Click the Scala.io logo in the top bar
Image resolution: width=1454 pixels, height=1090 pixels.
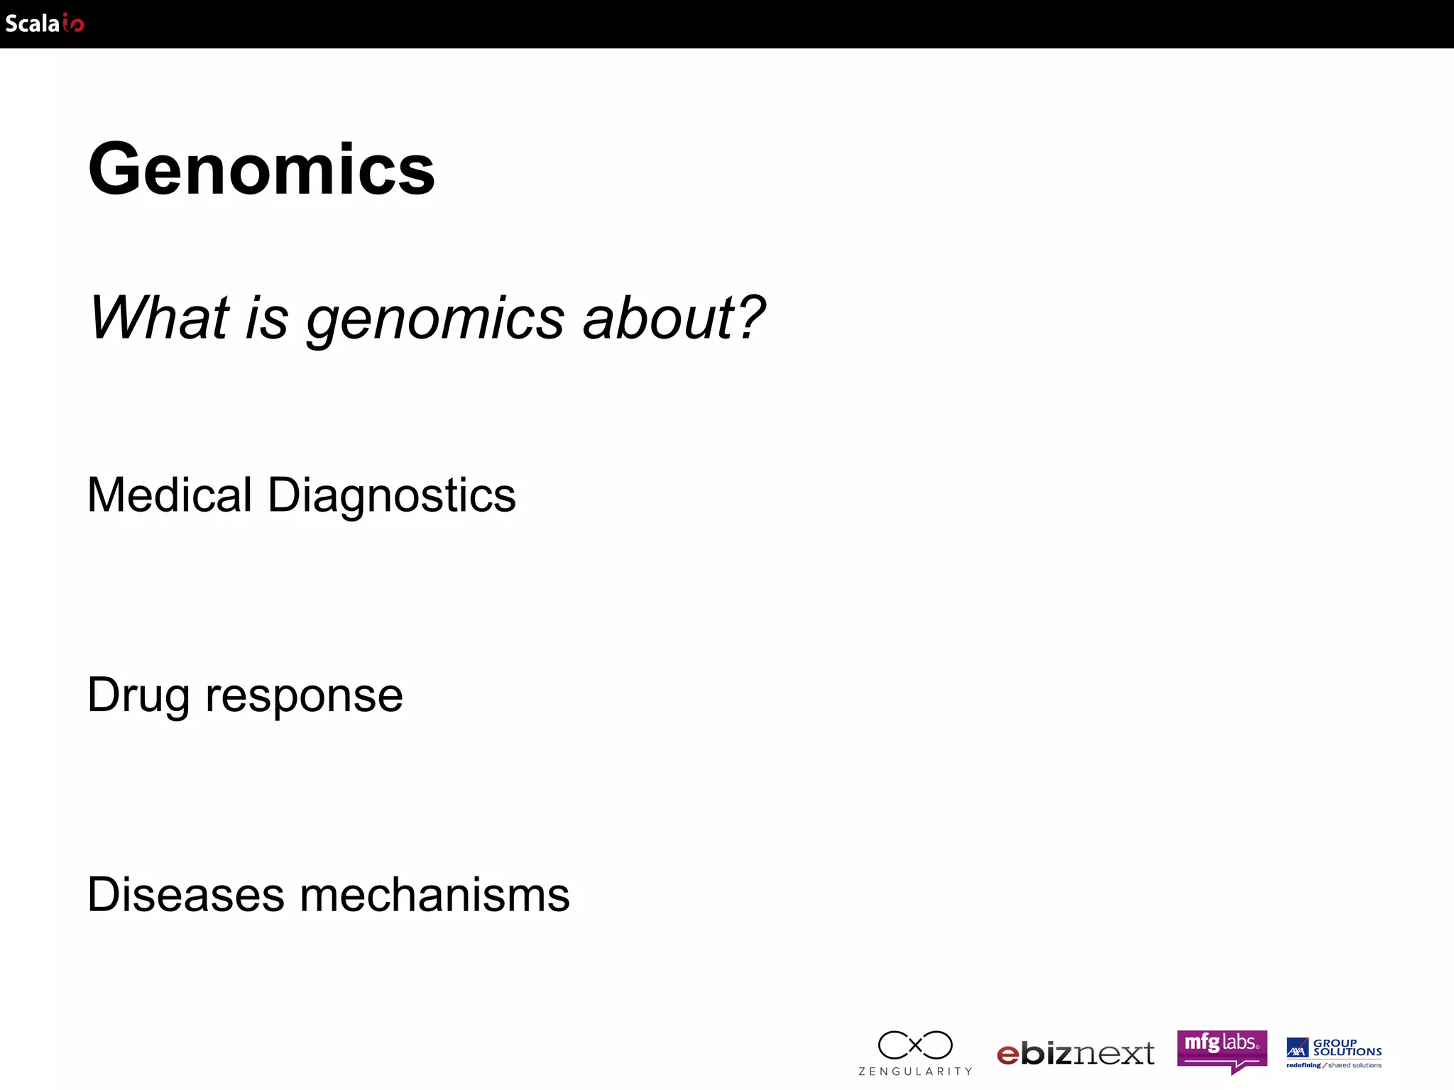[45, 23]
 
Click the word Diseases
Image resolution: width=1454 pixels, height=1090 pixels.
[185, 894]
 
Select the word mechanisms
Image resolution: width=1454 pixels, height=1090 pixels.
[434, 894]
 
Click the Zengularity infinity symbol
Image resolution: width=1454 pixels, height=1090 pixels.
[915, 1045]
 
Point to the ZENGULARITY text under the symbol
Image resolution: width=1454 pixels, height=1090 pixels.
[915, 1072]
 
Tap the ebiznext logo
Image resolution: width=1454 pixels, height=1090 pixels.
[1076, 1053]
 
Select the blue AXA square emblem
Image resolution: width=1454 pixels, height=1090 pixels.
[1297, 1047]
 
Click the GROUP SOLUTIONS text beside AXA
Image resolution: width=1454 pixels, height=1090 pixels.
[1347, 1047]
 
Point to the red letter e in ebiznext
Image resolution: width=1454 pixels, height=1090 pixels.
[1008, 1055]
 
